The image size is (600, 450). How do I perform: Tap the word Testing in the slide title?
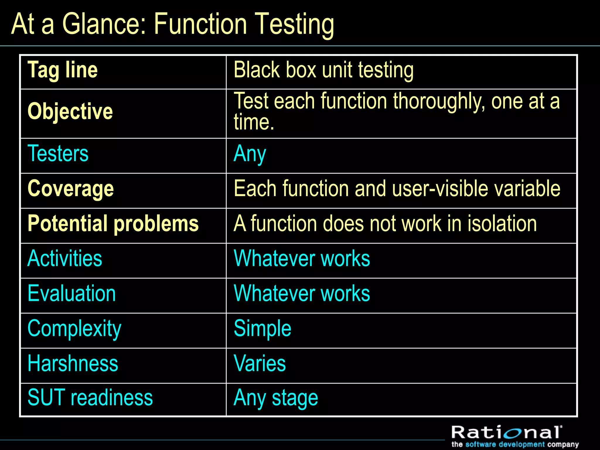294,25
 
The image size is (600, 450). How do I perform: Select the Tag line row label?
62,70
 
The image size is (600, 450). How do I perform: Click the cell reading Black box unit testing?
323,70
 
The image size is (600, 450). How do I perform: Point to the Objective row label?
70,112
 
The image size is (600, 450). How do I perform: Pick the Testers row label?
58,154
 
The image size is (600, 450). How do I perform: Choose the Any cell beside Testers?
250,154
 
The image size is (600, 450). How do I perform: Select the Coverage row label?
71,189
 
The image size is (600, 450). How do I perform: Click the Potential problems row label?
113,224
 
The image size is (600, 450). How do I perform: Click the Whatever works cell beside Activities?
302,259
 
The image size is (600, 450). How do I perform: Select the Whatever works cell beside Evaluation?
302,294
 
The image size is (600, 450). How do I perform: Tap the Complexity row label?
74,329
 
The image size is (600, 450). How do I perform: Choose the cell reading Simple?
262,329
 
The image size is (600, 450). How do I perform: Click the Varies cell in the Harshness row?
260,364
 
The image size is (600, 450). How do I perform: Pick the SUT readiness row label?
90,398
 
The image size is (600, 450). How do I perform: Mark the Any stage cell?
276,398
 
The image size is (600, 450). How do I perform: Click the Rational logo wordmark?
507,433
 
